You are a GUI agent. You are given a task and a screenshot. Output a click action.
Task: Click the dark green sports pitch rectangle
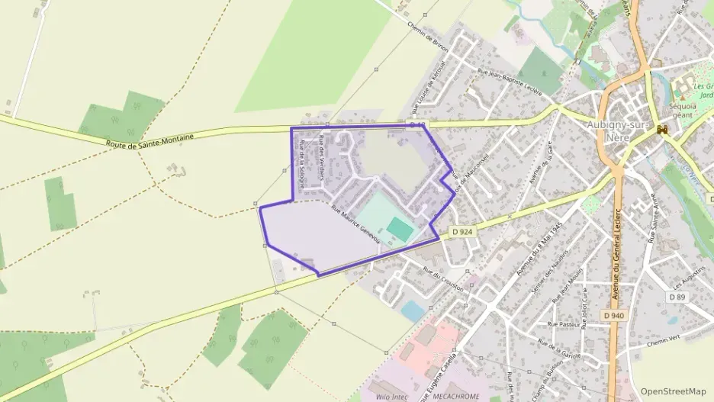400,227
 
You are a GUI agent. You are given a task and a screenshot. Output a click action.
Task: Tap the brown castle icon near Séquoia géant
662,130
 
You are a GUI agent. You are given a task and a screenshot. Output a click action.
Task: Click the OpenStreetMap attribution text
674,391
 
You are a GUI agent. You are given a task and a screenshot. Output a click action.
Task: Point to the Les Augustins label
683,272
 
